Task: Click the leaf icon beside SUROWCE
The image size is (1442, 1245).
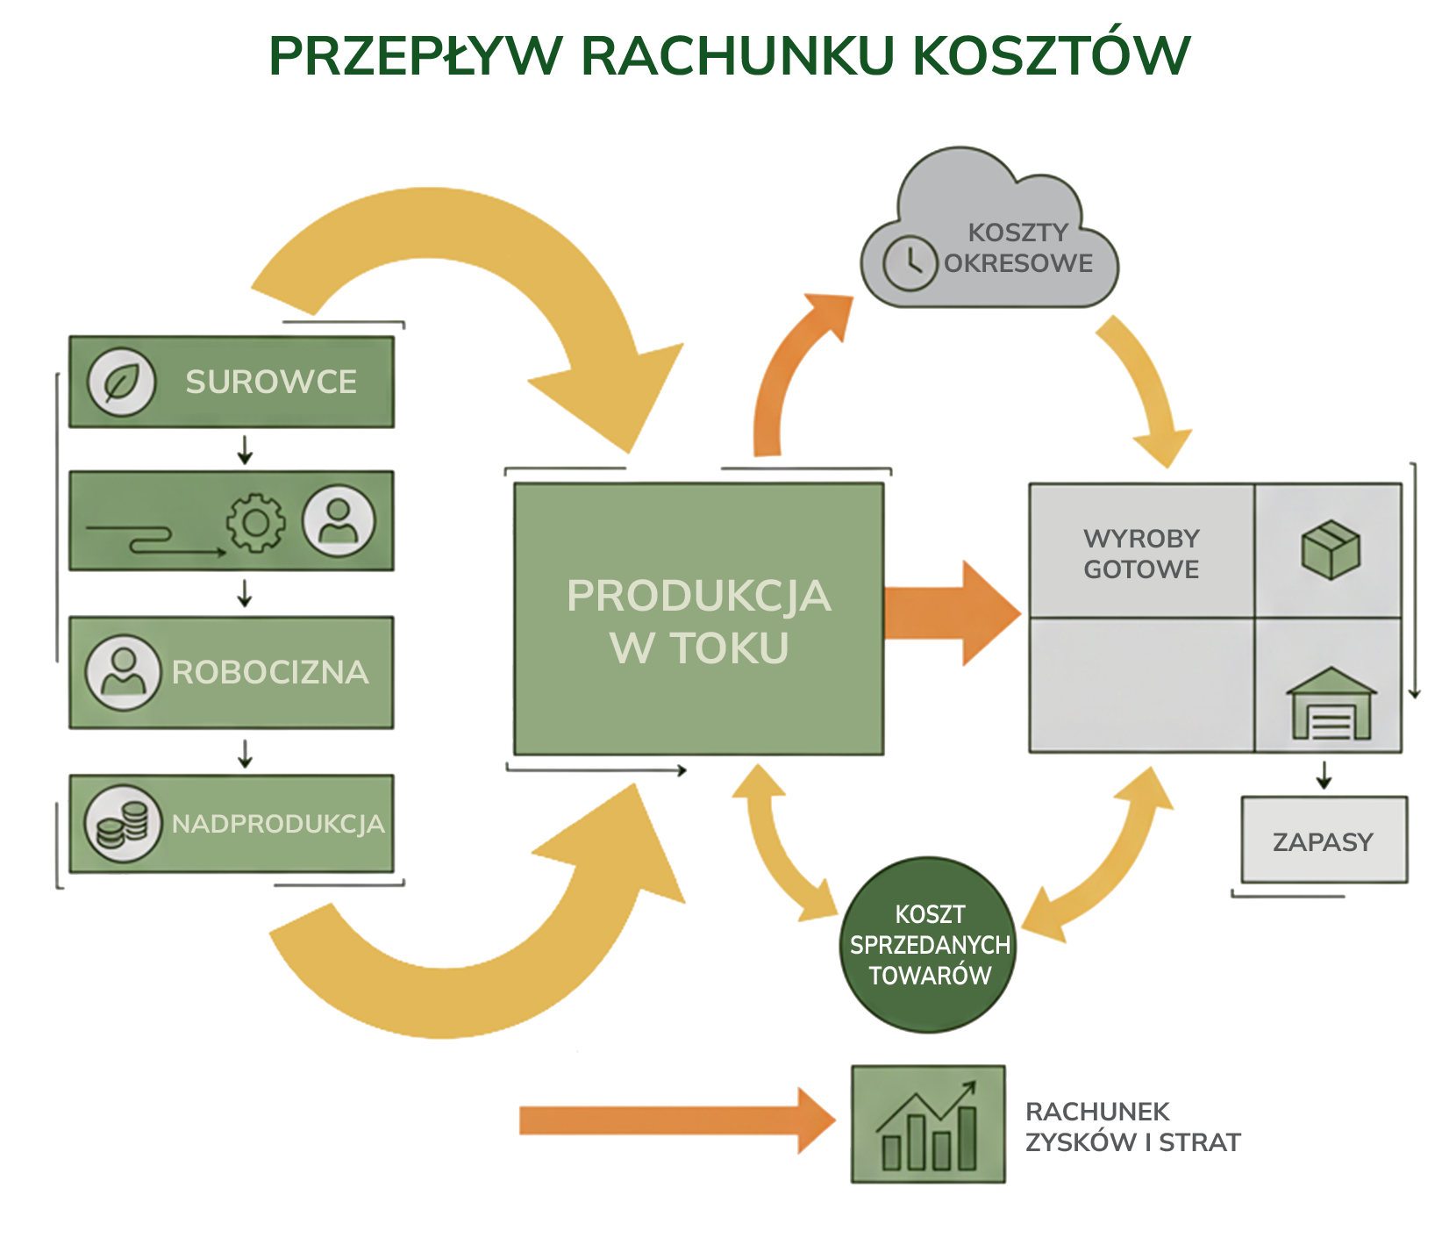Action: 121,383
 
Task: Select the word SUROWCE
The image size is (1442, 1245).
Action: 271,383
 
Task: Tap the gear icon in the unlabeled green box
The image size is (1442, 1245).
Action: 255,523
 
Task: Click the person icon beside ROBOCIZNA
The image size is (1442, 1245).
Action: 124,672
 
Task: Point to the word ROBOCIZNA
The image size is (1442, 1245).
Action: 270,672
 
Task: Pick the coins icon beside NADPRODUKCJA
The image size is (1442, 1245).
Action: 123,823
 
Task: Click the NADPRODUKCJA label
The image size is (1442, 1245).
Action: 278,824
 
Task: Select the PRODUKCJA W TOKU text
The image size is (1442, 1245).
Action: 698,621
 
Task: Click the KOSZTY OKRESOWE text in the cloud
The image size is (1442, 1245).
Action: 1018,248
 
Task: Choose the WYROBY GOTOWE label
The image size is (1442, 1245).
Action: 1141,554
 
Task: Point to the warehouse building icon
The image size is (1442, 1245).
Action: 1331,704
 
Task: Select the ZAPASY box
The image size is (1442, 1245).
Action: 1324,841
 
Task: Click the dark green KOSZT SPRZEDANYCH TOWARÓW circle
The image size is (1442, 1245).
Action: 929,945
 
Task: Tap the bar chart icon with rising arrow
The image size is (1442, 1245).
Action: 928,1125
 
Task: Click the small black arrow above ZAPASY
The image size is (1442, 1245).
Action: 1324,776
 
